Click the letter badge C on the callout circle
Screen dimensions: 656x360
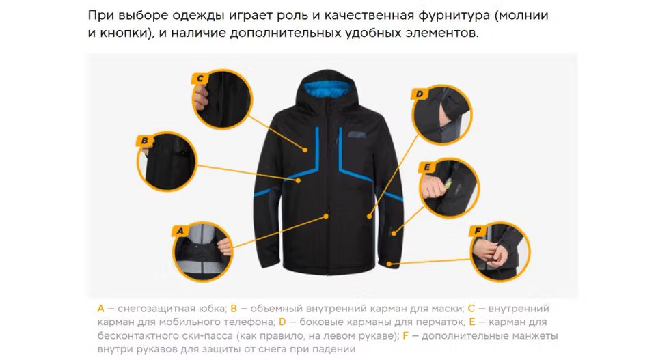tap(200, 78)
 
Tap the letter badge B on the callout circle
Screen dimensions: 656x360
tap(144, 141)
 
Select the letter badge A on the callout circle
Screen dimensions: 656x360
tap(180, 231)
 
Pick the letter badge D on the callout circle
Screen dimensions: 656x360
tap(419, 94)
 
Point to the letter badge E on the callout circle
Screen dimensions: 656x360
tap(426, 167)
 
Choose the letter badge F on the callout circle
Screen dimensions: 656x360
tap(478, 231)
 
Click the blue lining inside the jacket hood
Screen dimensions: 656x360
tap(327, 89)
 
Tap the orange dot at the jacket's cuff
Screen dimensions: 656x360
tap(389, 264)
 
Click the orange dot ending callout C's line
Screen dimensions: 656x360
tap(305, 150)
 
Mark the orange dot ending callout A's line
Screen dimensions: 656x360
tap(326, 216)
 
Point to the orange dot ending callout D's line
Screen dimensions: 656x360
tap(370, 216)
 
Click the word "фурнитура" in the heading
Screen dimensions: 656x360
tap(454, 16)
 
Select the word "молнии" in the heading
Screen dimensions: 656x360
tap(523, 16)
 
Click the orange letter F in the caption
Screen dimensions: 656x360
tap(405, 335)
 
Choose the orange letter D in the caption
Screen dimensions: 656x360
tap(282, 322)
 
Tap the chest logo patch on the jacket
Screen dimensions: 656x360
tap(357, 134)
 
